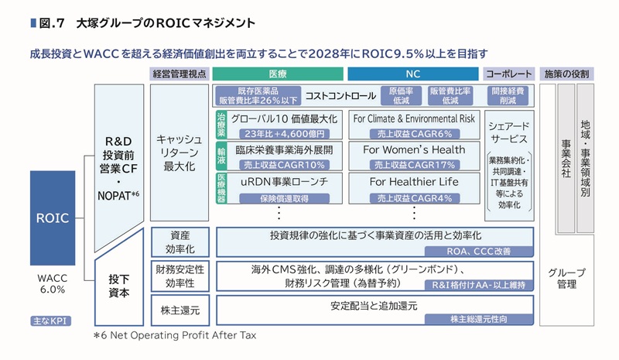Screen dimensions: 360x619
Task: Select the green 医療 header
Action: point(278,74)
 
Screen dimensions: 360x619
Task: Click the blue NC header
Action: point(413,74)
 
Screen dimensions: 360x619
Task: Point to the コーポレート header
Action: point(508,74)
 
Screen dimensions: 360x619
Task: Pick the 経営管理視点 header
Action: point(180,74)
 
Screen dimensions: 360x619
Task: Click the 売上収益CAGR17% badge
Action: point(413,164)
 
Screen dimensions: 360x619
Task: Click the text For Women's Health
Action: point(413,150)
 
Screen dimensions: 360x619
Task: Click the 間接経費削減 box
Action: point(508,95)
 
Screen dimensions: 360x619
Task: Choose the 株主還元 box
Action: point(180,309)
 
